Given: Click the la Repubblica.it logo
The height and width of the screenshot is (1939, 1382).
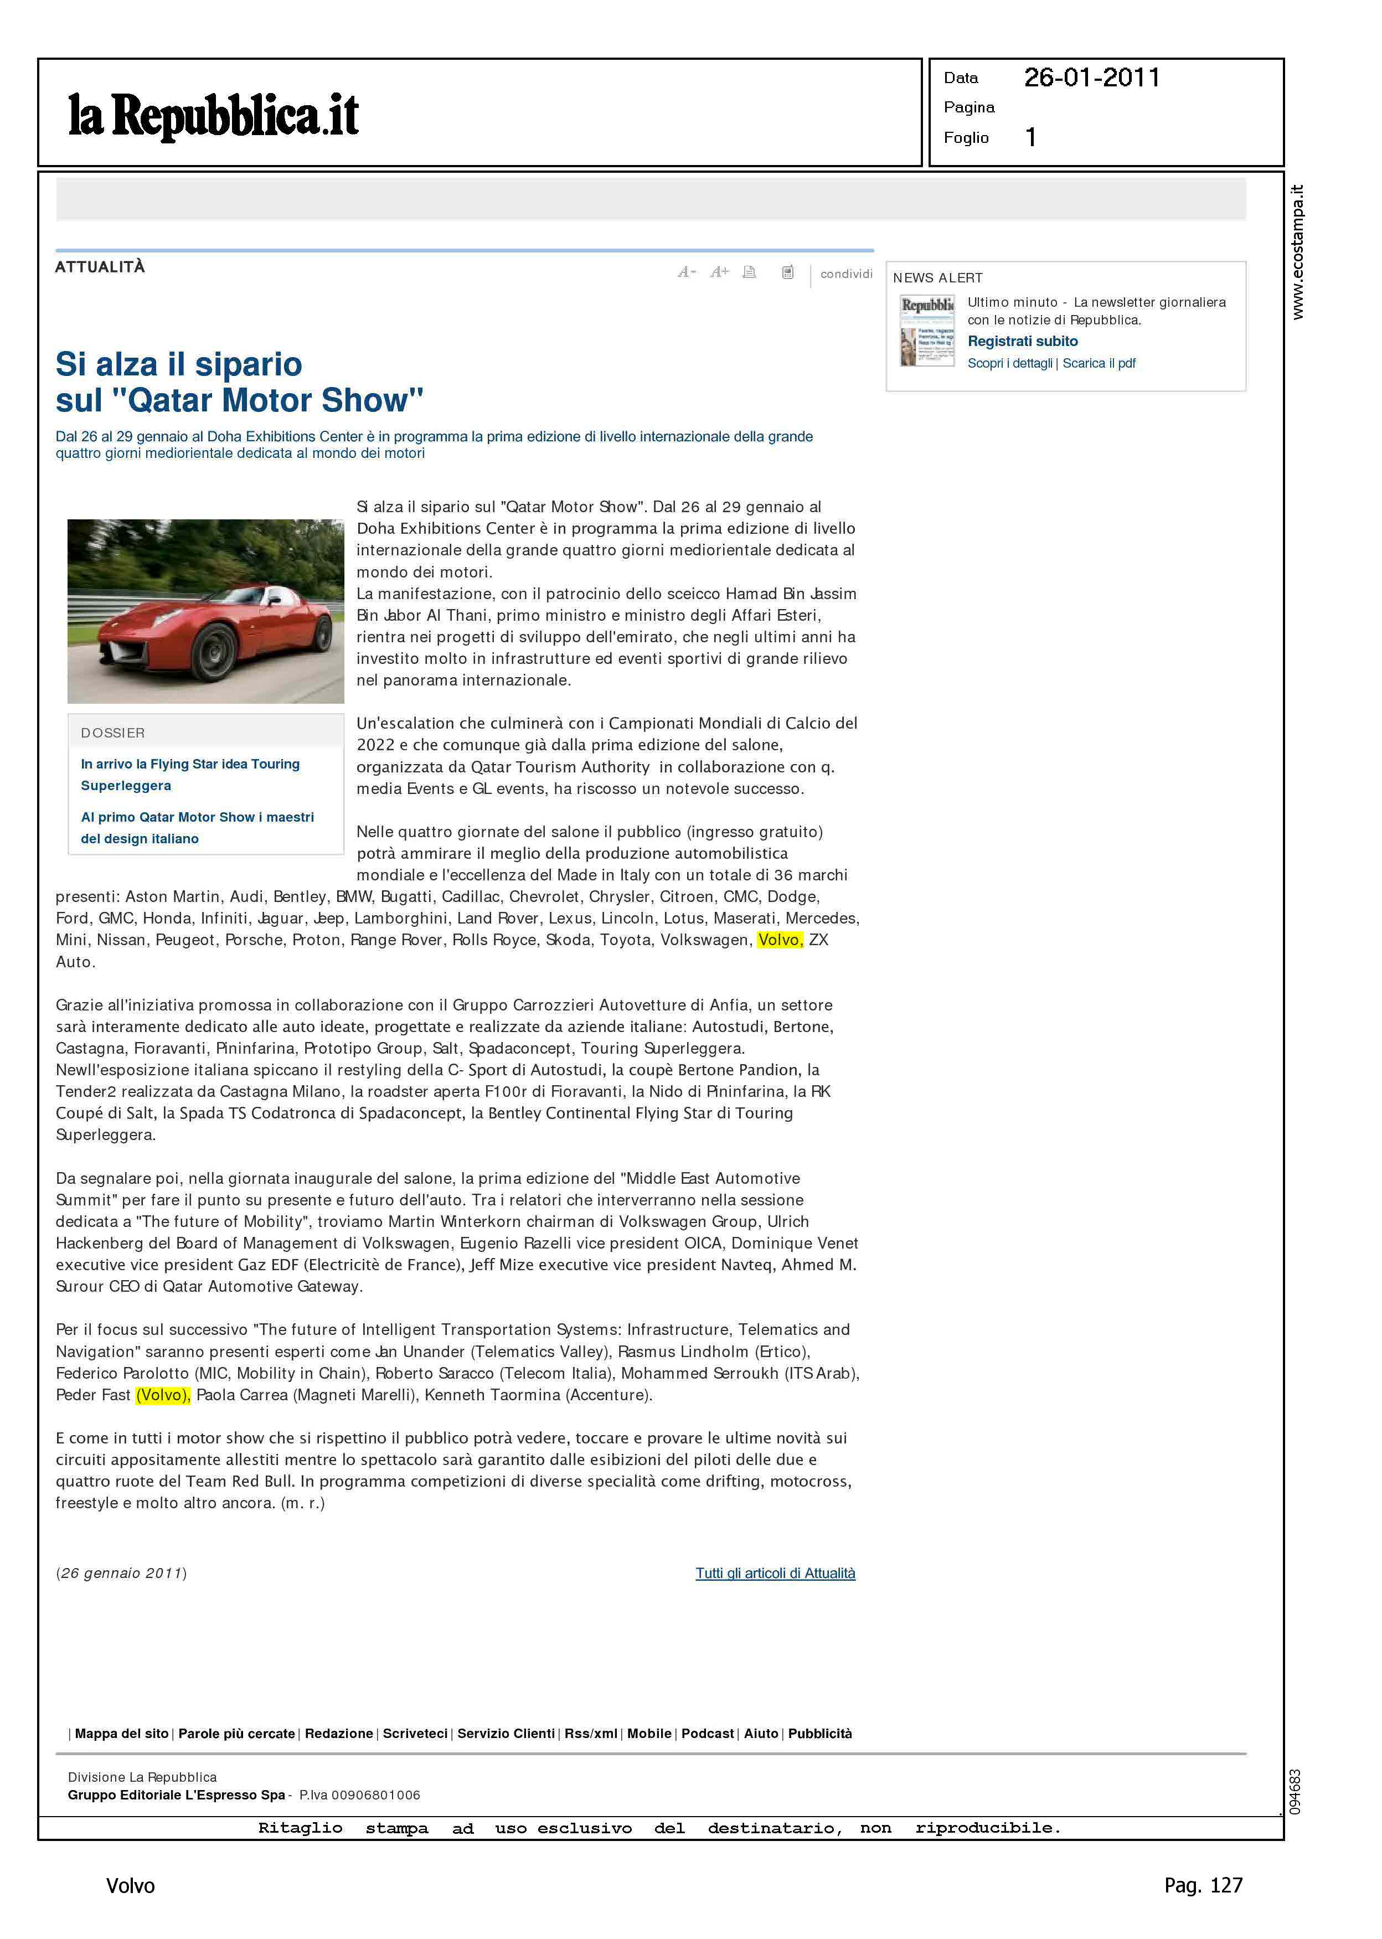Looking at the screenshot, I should [x=214, y=116].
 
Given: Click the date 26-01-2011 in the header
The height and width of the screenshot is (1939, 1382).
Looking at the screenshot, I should [x=1092, y=78].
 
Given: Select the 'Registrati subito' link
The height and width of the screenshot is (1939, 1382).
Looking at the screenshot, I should [x=1022, y=341].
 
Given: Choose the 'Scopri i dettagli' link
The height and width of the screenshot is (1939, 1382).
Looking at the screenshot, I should [x=1009, y=363].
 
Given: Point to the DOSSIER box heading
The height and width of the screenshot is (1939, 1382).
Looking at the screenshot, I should [x=112, y=733].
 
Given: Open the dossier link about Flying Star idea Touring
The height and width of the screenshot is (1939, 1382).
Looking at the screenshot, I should [x=190, y=774].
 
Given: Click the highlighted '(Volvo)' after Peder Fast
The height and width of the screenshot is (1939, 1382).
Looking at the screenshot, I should [x=163, y=1395].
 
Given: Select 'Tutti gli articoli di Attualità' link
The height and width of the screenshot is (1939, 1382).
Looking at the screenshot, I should [x=775, y=1573].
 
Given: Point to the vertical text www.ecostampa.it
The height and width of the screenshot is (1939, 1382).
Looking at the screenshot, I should [x=1297, y=252].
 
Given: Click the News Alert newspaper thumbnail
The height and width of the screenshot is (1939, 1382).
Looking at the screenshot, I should [x=927, y=330].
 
